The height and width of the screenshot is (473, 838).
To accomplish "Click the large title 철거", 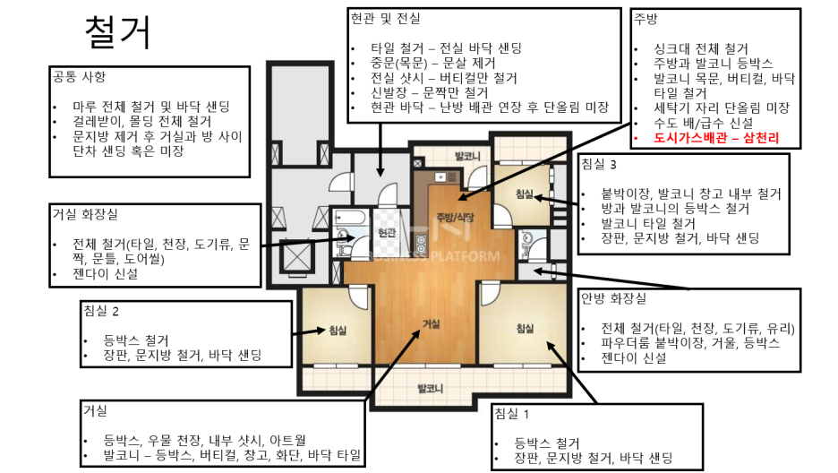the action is [118, 32].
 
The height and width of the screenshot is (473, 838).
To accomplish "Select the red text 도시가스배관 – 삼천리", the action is [716, 138].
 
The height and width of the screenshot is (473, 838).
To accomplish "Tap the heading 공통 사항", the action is [79, 76].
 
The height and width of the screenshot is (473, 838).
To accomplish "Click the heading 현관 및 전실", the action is [385, 19].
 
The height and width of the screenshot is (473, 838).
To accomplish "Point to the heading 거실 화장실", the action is [85, 214].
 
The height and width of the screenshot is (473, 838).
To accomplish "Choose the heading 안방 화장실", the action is [613, 298].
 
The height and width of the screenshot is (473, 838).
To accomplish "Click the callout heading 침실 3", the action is [599, 164].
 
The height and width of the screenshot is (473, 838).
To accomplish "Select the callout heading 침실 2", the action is [101, 311].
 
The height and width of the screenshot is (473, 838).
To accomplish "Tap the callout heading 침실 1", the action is [512, 413].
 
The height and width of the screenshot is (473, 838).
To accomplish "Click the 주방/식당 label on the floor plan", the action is [456, 218].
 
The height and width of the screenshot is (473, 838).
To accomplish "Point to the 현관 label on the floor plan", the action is [387, 233].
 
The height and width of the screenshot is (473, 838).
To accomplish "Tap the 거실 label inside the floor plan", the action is [432, 324].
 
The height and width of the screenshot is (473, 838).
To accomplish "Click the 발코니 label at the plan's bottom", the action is [431, 388].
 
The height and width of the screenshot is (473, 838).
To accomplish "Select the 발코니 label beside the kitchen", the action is [467, 156].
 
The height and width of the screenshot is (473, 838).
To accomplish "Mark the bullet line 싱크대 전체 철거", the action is [701, 48].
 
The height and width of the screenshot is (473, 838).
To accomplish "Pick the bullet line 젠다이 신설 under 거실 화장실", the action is [106, 274].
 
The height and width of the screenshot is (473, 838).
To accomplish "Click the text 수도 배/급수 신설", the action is [704, 123].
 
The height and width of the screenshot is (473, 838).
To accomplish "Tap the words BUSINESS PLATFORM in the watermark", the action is [434, 256].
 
